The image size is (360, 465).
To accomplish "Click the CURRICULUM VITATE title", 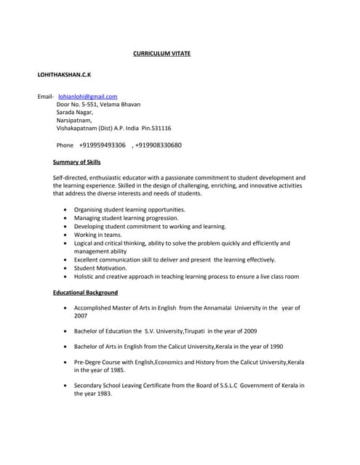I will click(x=161, y=53).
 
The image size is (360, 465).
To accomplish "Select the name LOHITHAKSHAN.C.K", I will click(x=64, y=75).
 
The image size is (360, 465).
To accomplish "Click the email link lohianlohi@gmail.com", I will click(x=87, y=96).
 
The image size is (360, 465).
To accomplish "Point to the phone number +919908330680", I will click(x=159, y=145).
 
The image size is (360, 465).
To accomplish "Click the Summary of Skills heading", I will click(x=77, y=162).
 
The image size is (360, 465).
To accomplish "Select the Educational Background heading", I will click(x=85, y=293).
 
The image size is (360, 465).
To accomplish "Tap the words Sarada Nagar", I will click(x=74, y=112).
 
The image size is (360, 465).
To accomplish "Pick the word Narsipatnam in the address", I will click(x=74, y=120).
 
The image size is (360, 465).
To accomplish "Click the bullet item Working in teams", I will click(x=98, y=235).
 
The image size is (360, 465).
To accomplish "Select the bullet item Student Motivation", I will click(x=100, y=268).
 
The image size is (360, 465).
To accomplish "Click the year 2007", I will click(x=81, y=316).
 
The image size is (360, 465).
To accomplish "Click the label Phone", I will click(x=65, y=145).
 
